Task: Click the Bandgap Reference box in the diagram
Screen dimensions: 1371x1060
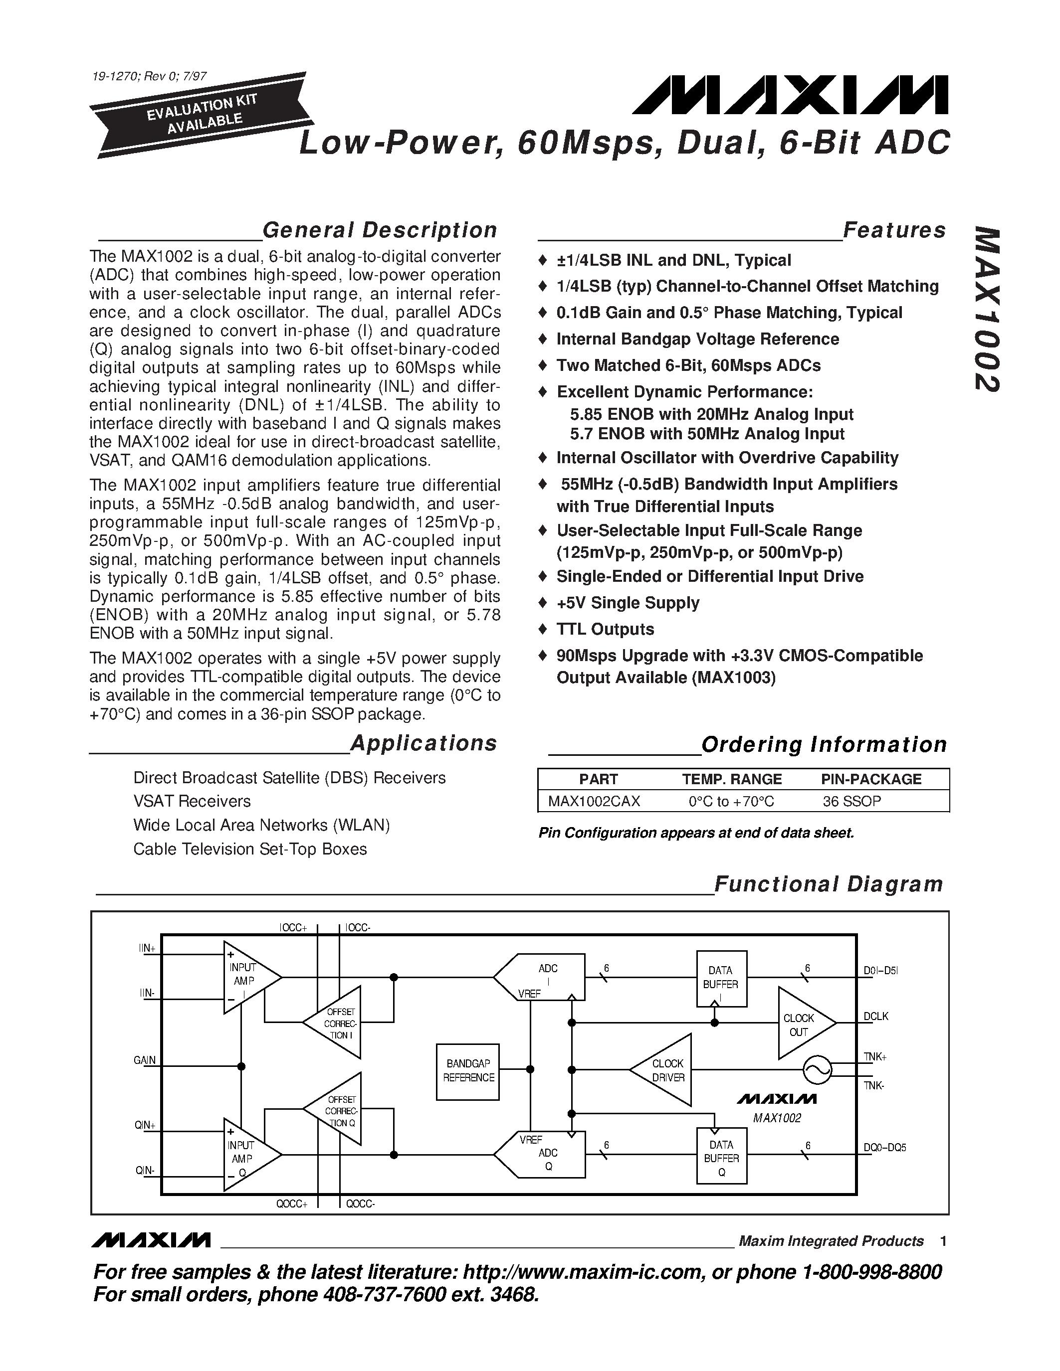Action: coord(468,1071)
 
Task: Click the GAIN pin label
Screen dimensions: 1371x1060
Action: coord(145,1060)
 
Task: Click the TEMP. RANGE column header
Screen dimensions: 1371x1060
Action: coord(732,779)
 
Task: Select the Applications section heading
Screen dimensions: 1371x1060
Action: coord(423,743)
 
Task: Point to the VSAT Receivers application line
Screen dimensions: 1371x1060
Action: coord(192,801)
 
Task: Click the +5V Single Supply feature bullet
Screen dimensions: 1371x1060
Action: coord(628,603)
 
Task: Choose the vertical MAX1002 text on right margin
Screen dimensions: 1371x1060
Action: coord(987,310)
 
